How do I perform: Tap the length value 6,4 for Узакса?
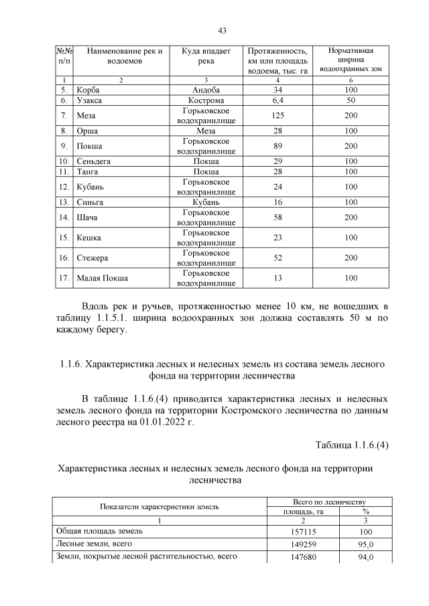click(278, 100)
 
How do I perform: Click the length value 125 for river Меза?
click(278, 115)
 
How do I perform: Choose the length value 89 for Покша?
click(278, 146)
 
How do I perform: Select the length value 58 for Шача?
click(278, 218)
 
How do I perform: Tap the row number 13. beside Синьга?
click(64, 202)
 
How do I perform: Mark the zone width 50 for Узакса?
click(351, 100)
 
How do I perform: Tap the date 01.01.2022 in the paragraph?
click(150, 423)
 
